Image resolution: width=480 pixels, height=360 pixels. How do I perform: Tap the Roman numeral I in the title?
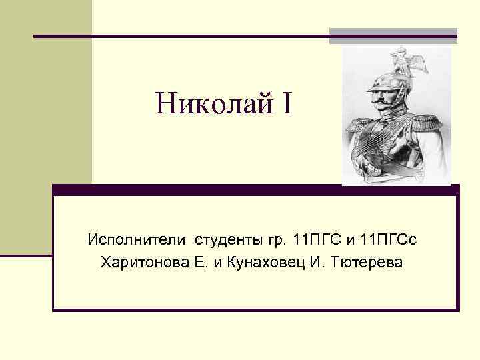(x=286, y=103)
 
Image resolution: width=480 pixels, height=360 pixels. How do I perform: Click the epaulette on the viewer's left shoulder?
(x=358, y=127)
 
